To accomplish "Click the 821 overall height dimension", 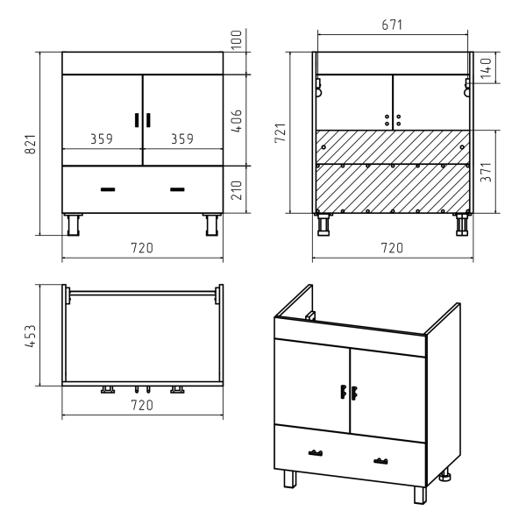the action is pyautogui.click(x=30, y=145).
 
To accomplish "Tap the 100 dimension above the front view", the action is pyautogui.click(x=237, y=39).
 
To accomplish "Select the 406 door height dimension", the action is pyautogui.click(x=237, y=121).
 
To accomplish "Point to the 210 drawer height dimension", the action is pyautogui.click(x=237, y=190).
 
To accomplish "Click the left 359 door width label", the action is pyautogui.click(x=102, y=138).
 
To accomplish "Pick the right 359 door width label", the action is pyautogui.click(x=182, y=138).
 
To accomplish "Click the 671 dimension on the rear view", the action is pyautogui.click(x=392, y=25).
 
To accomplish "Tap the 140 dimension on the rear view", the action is pyautogui.click(x=486, y=68).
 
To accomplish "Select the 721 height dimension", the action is pyautogui.click(x=281, y=133).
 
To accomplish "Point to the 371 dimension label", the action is pyautogui.click(x=486, y=172).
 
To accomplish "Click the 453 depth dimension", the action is pyautogui.click(x=30, y=336).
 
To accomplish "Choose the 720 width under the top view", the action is pyautogui.click(x=142, y=405).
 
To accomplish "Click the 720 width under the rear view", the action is pyautogui.click(x=392, y=248).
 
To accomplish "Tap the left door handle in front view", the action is pyautogui.click(x=137, y=120).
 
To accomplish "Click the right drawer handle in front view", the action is pyautogui.click(x=177, y=189).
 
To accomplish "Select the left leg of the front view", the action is pyautogui.click(x=73, y=224).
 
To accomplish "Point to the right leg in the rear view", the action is pyautogui.click(x=462, y=224).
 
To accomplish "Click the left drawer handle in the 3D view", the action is pyautogui.click(x=316, y=453).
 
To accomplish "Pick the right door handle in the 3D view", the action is pyautogui.click(x=354, y=393).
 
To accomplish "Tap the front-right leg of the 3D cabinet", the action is pyautogui.click(x=420, y=495).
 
